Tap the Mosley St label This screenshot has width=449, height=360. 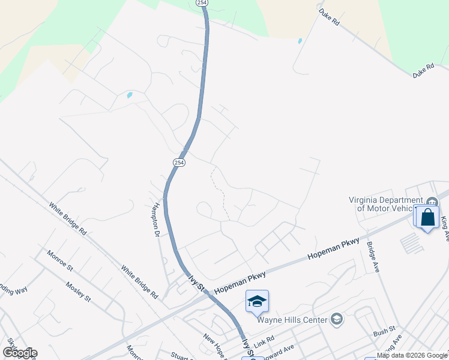(78, 292)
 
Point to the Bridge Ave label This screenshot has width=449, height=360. (372, 257)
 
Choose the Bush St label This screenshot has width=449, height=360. (384, 330)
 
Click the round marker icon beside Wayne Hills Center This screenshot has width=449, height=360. (336, 319)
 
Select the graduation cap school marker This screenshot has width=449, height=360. (257, 301)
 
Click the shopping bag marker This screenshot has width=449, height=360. (428, 217)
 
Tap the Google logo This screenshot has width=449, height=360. (19, 353)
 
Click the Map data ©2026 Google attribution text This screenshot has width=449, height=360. (412, 355)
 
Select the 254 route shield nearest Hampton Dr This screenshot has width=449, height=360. (179, 163)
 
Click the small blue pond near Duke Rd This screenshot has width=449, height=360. (300, 41)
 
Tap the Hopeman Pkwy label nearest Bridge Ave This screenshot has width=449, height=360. (333, 248)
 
